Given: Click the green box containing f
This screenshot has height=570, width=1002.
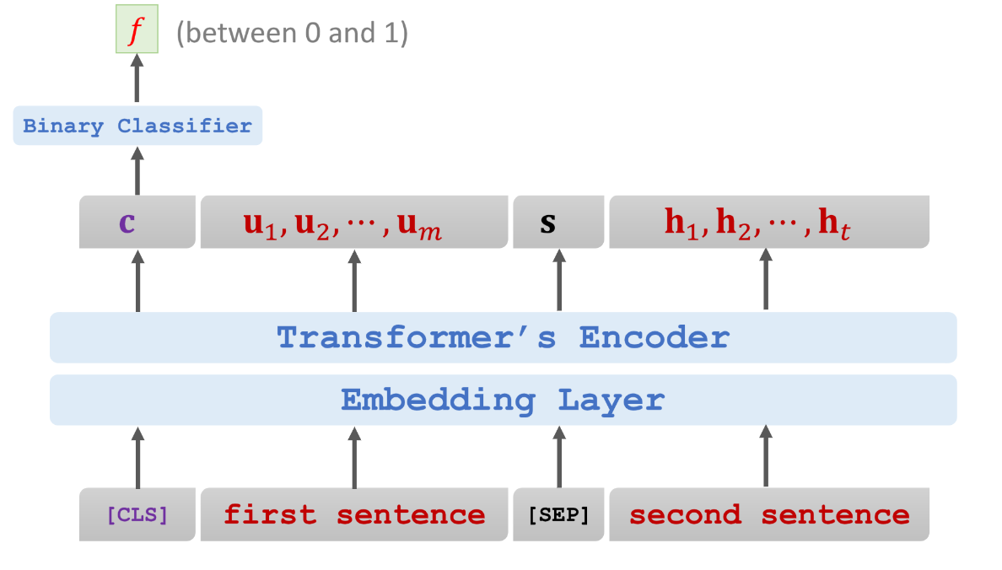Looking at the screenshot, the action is pyautogui.click(x=137, y=30).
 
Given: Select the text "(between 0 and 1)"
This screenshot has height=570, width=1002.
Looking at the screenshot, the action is pyautogui.click(x=292, y=33).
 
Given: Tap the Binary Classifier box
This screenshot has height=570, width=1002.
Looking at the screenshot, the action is pyautogui.click(x=137, y=126).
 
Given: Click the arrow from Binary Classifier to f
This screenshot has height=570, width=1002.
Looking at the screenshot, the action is pyautogui.click(x=137, y=78).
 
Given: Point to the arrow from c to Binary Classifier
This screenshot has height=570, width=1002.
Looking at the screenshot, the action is pyautogui.click(x=137, y=170).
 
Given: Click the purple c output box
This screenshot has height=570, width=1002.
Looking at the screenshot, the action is pyautogui.click(x=137, y=222).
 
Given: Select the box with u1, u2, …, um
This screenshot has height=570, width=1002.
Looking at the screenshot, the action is pyautogui.click(x=354, y=222).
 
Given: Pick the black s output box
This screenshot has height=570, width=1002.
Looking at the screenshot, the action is pyautogui.click(x=558, y=222).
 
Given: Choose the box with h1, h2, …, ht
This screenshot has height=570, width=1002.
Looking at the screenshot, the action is pyautogui.click(x=768, y=222).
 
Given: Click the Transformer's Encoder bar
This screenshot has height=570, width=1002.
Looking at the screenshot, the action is pyautogui.click(x=503, y=337).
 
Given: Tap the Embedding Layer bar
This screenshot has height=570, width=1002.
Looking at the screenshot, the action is pyautogui.click(x=503, y=400).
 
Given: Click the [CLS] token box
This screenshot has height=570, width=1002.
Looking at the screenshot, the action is pyautogui.click(x=137, y=514).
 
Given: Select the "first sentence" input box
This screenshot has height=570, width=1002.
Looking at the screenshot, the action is pyautogui.click(x=354, y=514).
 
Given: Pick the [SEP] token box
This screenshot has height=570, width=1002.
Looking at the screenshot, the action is pyautogui.click(x=558, y=514).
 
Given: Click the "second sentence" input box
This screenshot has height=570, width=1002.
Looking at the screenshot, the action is pyautogui.click(x=768, y=514).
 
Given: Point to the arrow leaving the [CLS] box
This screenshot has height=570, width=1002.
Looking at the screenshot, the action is pyautogui.click(x=137, y=458).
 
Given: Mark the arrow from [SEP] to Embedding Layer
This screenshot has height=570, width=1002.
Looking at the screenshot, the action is pyautogui.click(x=559, y=458).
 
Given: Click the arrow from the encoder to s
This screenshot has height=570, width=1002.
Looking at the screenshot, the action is pyautogui.click(x=559, y=280).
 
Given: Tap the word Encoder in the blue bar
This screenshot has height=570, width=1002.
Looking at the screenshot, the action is pyautogui.click(x=655, y=337).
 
